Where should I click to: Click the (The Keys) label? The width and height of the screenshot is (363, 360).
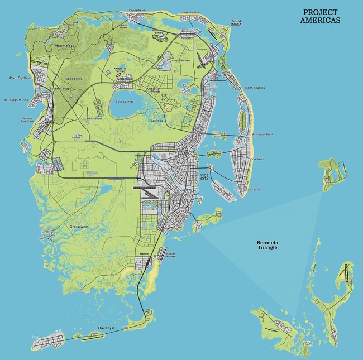point(106,328)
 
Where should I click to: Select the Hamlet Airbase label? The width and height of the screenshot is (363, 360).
point(171,255)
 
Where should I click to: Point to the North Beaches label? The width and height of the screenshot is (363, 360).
point(256,88)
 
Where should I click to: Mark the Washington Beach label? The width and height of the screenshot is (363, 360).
point(262,135)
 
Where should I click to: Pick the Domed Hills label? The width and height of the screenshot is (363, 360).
point(74,79)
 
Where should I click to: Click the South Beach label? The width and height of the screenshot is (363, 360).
point(253,190)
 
